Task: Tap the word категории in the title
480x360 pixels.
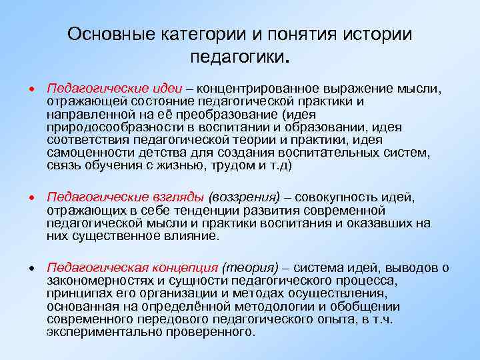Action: tap(203, 34)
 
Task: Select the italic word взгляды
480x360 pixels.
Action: tap(170, 198)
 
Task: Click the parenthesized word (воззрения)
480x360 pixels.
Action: tap(243, 198)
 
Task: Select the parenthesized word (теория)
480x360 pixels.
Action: tap(245, 269)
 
